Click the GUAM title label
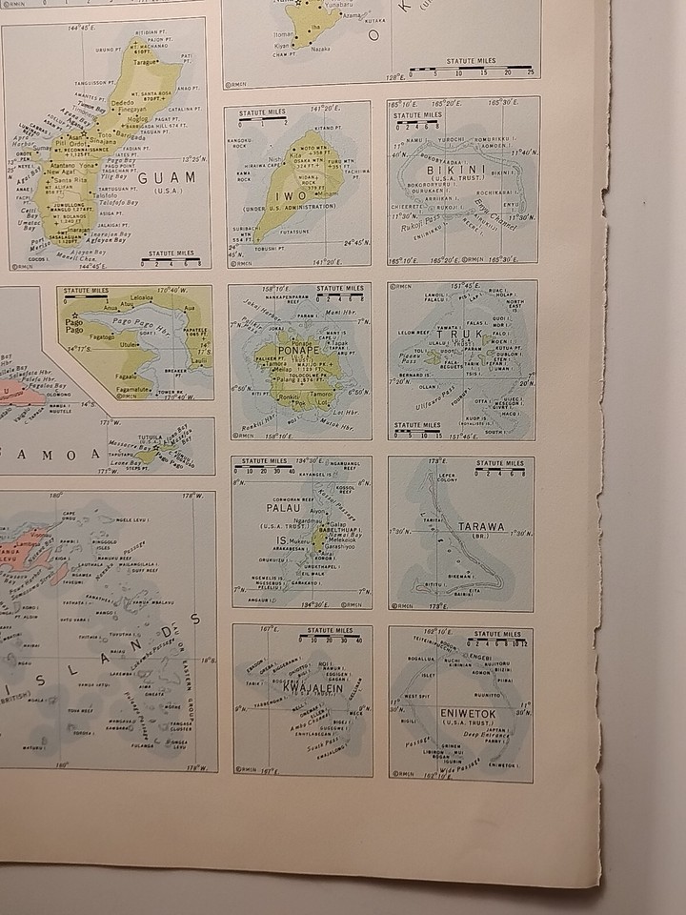click(x=167, y=177)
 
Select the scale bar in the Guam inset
click(x=171, y=259)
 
